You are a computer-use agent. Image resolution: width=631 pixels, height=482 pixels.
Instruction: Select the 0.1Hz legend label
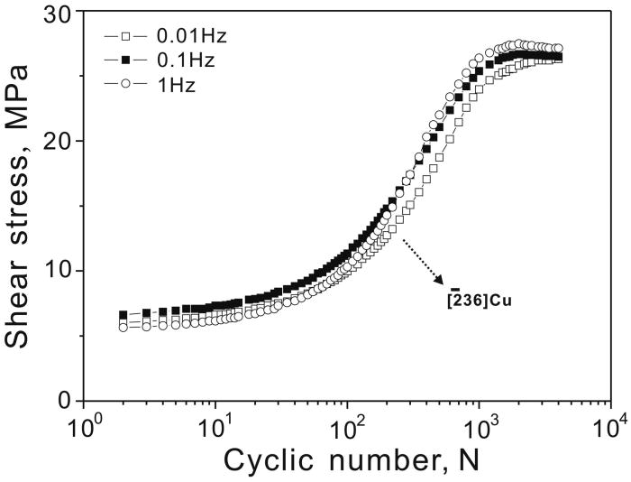[172, 60]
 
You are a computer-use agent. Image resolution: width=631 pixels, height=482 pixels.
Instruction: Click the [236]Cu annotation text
[478, 299]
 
